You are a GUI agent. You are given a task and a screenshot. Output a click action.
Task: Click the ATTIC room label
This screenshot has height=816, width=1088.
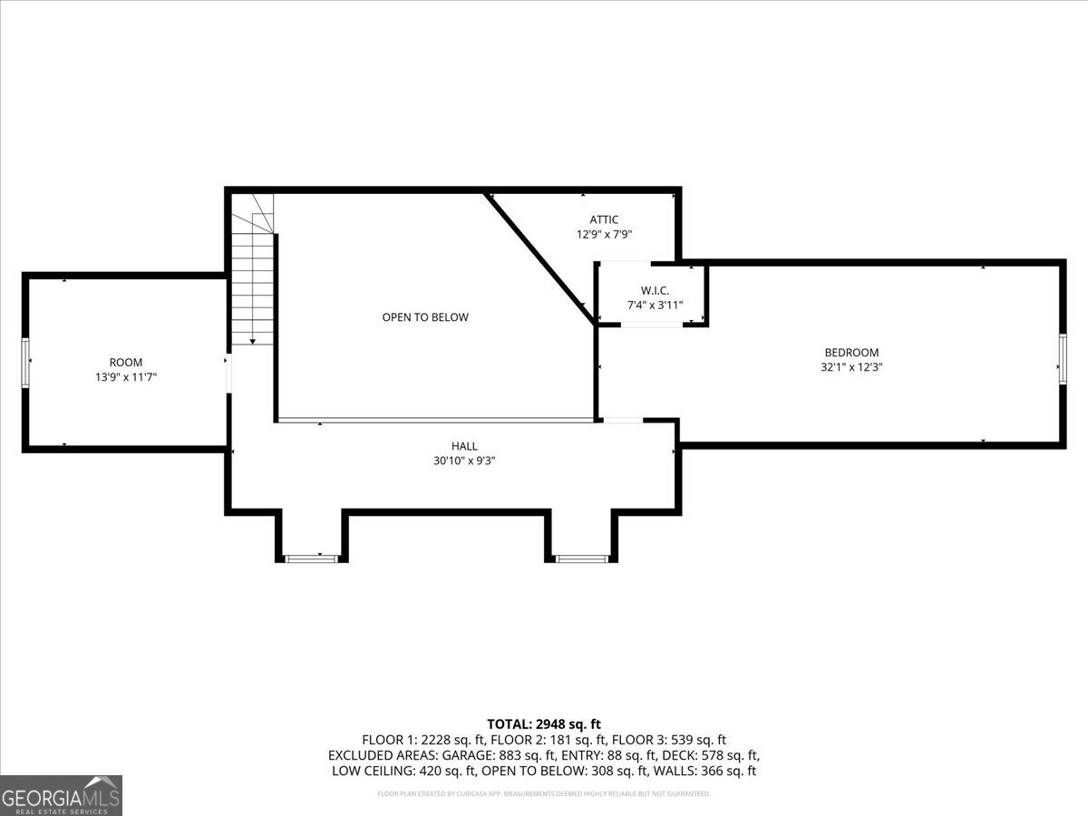tap(604, 219)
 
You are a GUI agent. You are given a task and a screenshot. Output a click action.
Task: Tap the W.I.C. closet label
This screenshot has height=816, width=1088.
tap(655, 290)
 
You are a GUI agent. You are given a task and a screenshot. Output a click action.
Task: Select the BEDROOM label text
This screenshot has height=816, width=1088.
tap(850, 353)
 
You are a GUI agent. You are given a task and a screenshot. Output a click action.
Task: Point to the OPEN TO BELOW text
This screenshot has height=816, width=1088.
tap(425, 317)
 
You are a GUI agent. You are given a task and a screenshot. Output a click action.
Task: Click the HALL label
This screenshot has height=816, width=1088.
tap(464, 446)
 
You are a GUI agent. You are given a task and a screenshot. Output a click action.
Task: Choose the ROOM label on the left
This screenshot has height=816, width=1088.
tap(126, 363)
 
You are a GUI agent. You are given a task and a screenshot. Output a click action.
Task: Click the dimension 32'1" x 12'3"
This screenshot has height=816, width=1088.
tap(850, 368)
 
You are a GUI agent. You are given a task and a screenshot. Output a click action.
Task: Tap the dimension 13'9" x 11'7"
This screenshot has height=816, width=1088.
tap(126, 377)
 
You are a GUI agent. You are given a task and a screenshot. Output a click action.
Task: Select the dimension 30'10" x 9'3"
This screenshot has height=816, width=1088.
tap(464, 461)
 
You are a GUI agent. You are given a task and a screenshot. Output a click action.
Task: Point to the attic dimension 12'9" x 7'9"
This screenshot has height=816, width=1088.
tap(604, 234)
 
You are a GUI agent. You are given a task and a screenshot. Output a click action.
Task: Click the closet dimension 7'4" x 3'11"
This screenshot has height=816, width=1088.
tap(655, 306)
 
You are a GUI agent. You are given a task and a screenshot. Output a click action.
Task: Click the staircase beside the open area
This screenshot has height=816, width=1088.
tap(252, 281)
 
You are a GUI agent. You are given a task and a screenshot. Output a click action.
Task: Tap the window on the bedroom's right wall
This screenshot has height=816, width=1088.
tap(1062, 359)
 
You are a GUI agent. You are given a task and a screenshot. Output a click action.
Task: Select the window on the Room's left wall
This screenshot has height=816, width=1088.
tap(25, 363)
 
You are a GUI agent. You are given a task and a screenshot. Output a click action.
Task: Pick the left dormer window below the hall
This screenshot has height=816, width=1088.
tap(311, 559)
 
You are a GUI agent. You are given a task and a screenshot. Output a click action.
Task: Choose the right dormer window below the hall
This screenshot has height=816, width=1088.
tap(580, 559)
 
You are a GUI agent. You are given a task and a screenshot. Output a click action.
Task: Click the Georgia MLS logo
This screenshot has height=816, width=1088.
tap(61, 795)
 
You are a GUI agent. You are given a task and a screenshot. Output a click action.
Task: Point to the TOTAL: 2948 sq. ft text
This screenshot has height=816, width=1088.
tap(543, 724)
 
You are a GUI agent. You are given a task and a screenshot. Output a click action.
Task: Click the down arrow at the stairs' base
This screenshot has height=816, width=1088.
tap(252, 341)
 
